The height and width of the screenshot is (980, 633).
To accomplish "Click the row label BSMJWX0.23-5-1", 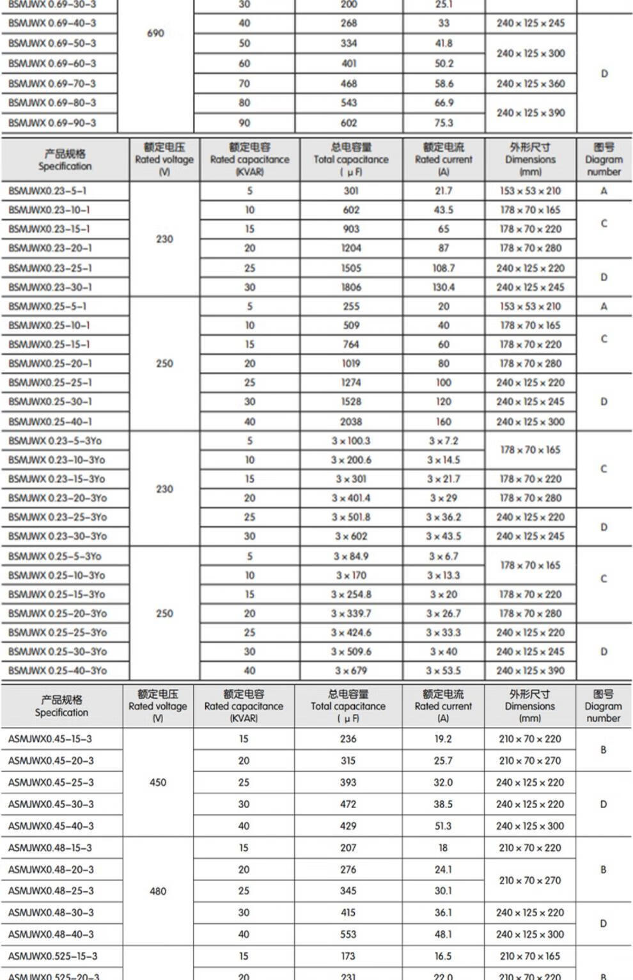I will pyautogui.click(x=47, y=191).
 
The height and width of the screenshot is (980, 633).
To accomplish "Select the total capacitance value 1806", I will pyautogui.click(x=351, y=287).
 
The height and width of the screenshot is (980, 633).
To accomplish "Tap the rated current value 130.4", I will pyautogui.click(x=444, y=287).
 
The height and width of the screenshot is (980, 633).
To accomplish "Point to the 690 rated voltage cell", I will pyautogui.click(x=155, y=33).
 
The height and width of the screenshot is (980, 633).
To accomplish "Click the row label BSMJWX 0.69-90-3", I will pyautogui.click(x=52, y=123).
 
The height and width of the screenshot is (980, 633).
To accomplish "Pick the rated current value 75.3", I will pyautogui.click(x=444, y=123).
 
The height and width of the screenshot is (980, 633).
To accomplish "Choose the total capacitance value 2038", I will pyautogui.click(x=351, y=421).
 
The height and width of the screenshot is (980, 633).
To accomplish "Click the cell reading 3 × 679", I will pyautogui.click(x=351, y=671).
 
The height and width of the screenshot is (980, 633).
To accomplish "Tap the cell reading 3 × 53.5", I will pyautogui.click(x=444, y=671).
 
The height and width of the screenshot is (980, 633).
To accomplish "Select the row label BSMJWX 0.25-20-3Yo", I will pyautogui.click(x=58, y=613).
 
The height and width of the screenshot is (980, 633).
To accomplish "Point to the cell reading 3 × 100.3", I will pyautogui.click(x=351, y=440).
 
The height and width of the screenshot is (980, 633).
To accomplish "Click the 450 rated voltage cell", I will pyautogui.click(x=158, y=782).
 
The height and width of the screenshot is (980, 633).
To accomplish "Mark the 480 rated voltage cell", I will pyautogui.click(x=158, y=891).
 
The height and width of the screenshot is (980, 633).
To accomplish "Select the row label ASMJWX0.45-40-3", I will pyautogui.click(x=51, y=826).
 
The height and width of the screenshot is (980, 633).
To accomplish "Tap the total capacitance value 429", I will pyautogui.click(x=348, y=826).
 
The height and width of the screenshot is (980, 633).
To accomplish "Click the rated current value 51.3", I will pyautogui.click(x=443, y=826).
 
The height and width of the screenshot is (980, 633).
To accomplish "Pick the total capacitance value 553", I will pyautogui.click(x=348, y=934).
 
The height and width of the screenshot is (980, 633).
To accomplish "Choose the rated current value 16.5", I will pyautogui.click(x=443, y=956).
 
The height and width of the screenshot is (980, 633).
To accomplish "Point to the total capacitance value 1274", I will pyautogui.click(x=351, y=382).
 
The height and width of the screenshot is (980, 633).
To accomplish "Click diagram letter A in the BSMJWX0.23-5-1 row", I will pyautogui.click(x=604, y=191).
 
